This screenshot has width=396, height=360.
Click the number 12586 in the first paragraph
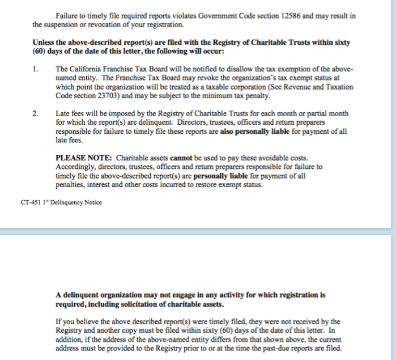[290, 16]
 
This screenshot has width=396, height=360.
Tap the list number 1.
[35, 69]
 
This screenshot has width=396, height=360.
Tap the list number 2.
[35, 114]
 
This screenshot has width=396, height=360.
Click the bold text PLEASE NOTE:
[83, 158]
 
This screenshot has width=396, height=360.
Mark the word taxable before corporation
[168, 87]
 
